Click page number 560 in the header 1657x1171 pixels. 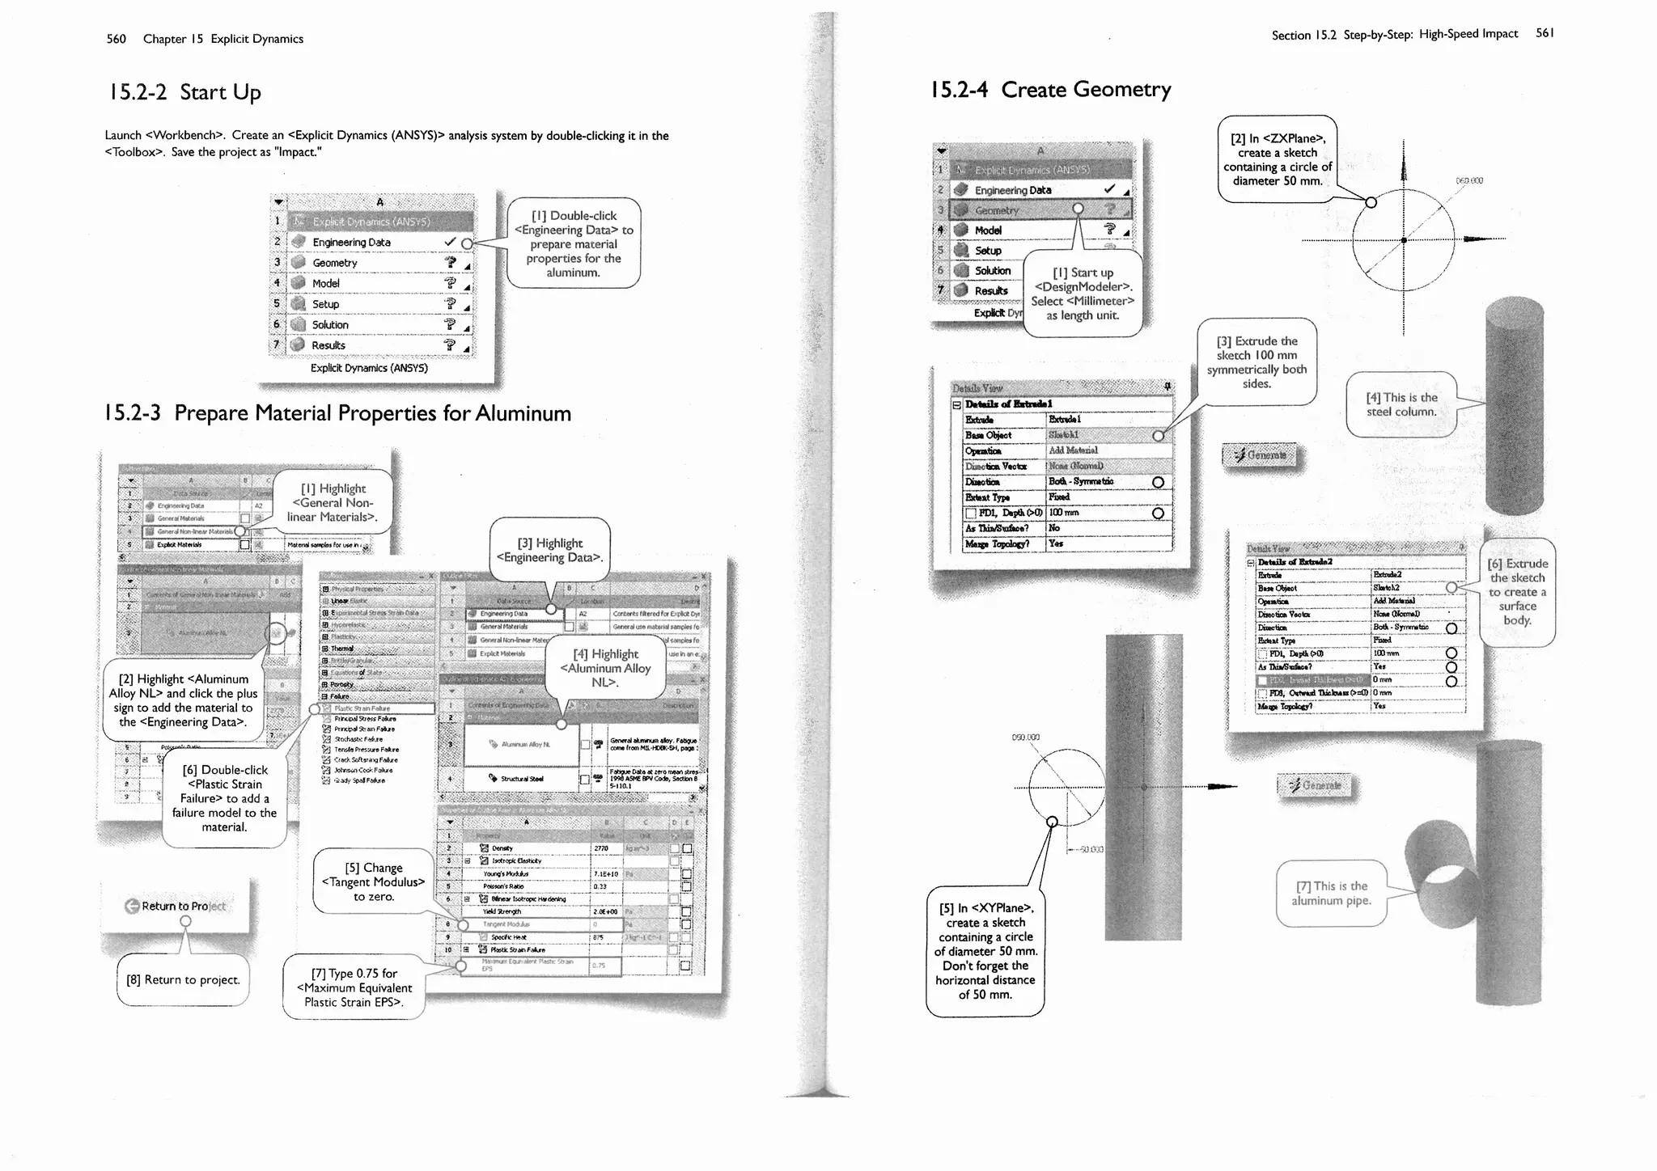point(116,39)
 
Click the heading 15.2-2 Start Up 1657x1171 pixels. point(184,92)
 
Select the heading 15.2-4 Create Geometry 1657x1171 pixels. point(1050,89)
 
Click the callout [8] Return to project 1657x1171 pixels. point(183,979)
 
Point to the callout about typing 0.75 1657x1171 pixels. point(354,987)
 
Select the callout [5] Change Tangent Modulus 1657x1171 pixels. point(373,881)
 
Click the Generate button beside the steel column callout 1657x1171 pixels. point(1260,455)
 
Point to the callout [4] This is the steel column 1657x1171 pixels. point(1401,404)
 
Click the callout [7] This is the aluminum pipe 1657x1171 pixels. point(1331,893)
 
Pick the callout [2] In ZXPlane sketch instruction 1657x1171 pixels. point(1277,159)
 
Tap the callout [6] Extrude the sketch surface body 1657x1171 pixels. point(1517,592)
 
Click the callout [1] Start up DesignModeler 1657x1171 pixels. point(1083,294)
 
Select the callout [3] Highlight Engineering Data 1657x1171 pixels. point(549,550)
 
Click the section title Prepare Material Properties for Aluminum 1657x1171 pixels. point(337,413)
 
